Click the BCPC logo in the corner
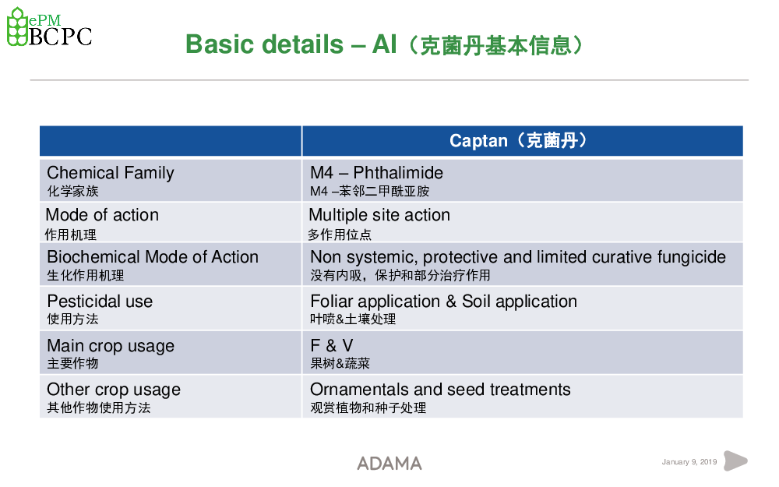point(49,27)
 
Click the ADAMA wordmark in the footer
point(389,464)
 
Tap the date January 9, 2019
point(689,462)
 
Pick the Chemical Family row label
point(111,173)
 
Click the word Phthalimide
point(398,172)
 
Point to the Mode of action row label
point(102,215)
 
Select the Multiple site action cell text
point(379,215)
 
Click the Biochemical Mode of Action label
point(153,257)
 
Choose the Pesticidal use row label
point(100,301)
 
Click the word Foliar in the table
point(331,301)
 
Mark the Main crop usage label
point(111,346)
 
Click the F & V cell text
point(331,345)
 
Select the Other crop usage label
point(113,390)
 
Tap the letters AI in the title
point(385,44)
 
